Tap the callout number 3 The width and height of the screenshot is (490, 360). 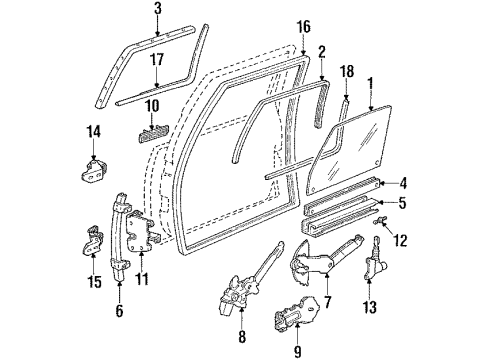[x=158, y=10]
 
